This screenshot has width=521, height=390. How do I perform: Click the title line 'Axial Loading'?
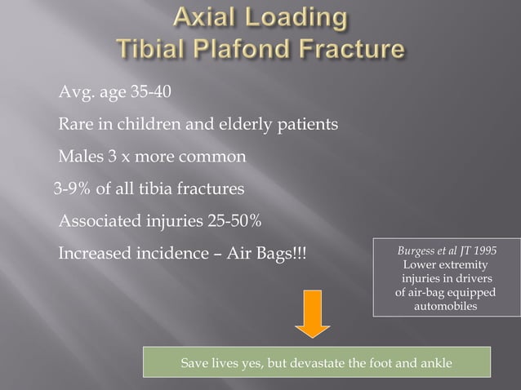click(260, 18)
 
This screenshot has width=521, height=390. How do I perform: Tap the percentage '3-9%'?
click(72, 189)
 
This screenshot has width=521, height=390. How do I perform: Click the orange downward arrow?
click(313, 314)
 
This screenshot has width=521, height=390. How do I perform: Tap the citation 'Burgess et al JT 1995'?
click(446, 251)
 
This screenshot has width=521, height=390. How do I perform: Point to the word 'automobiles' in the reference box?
click(446, 307)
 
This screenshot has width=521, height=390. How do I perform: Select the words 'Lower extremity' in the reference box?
click(446, 265)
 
